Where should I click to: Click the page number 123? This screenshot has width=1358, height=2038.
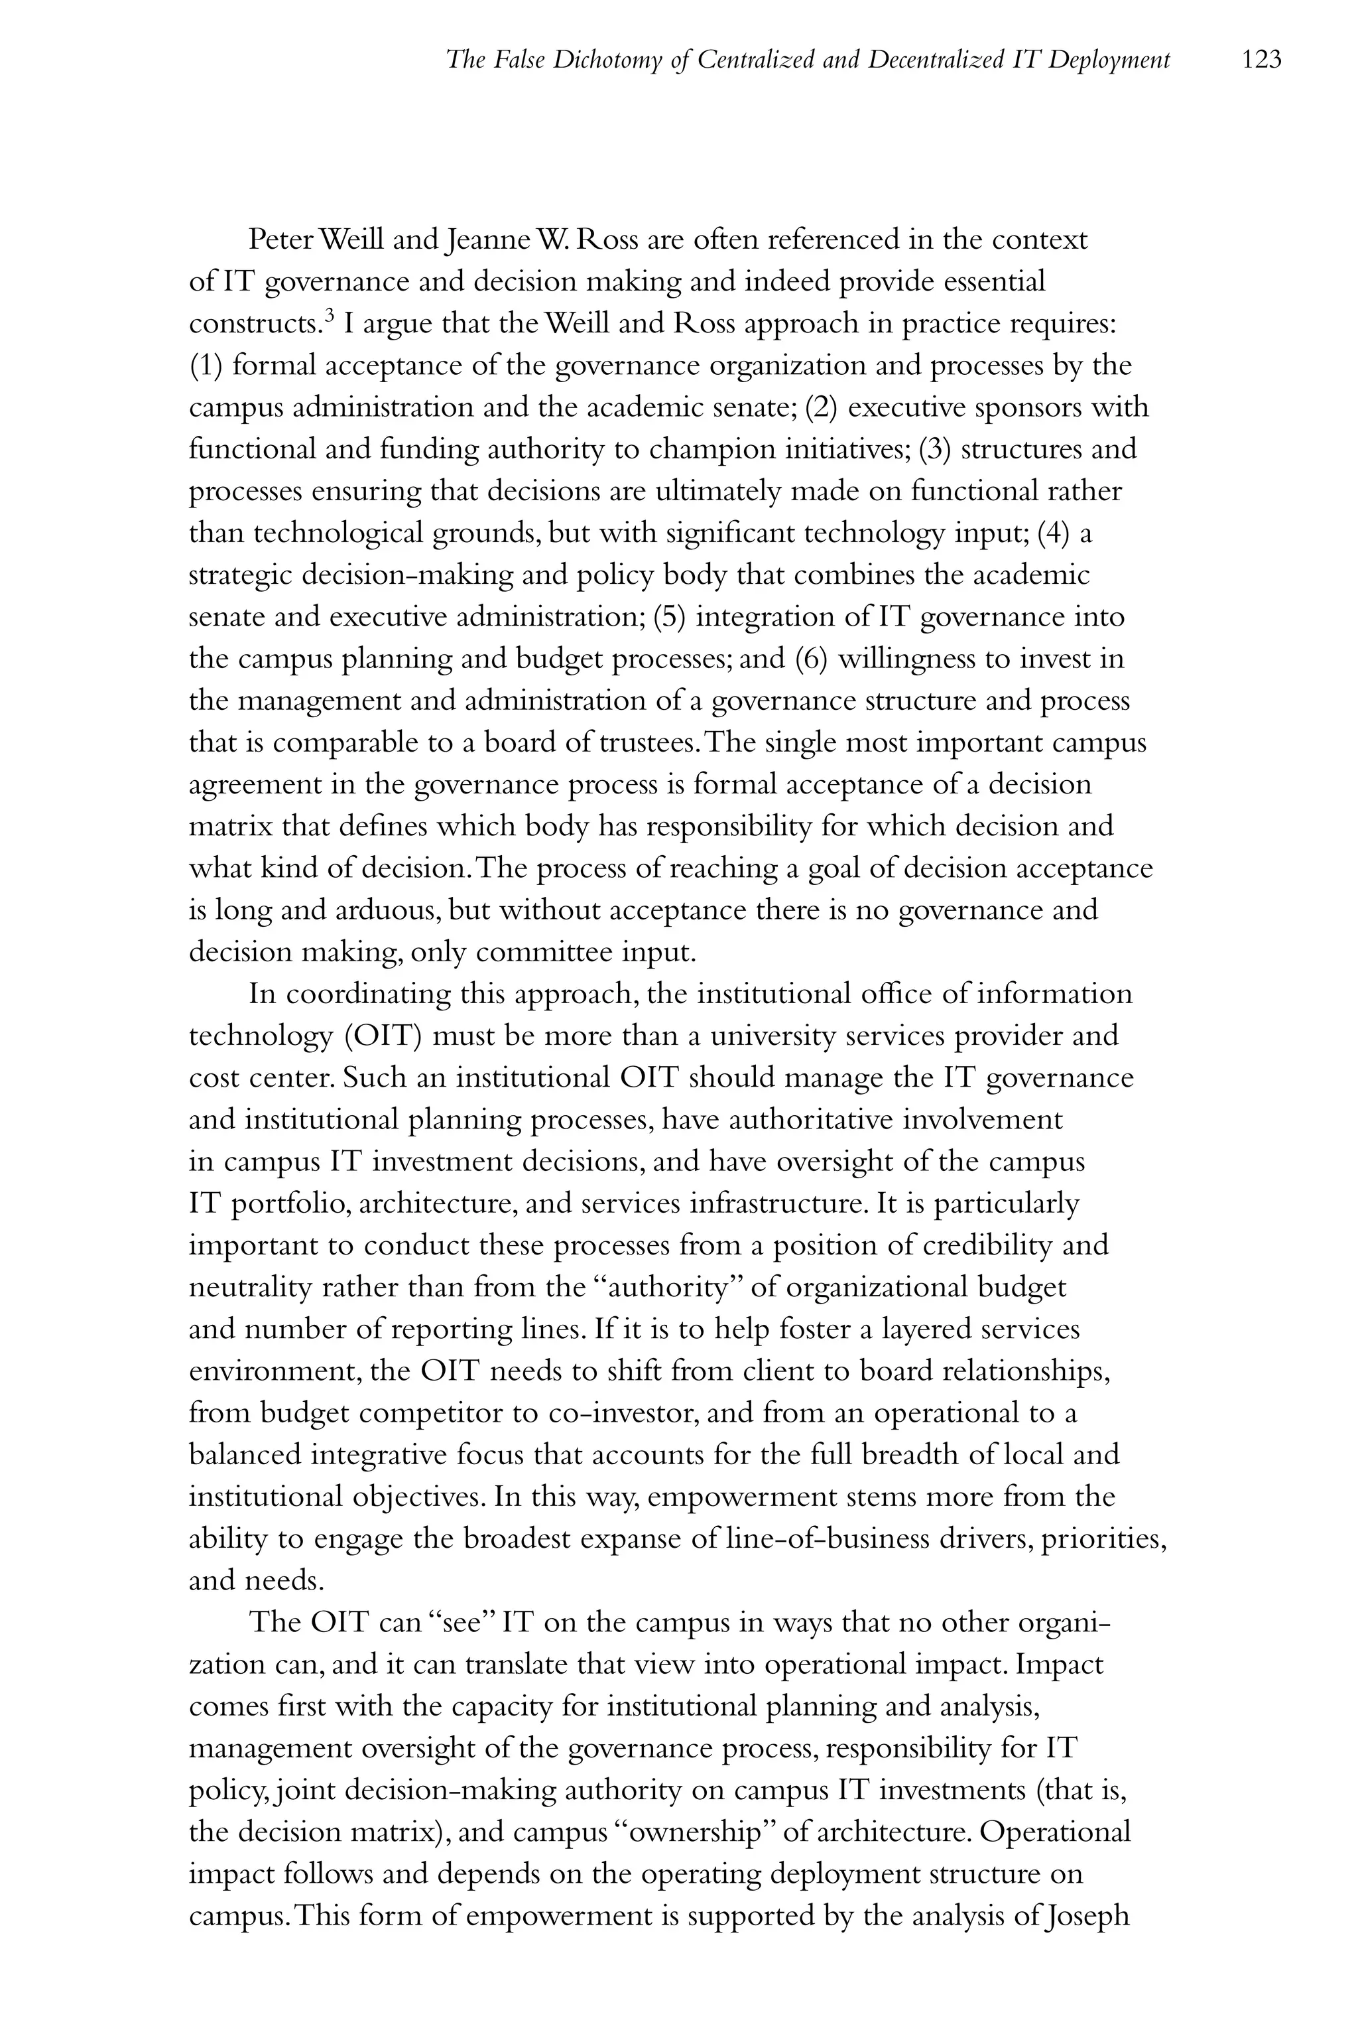tap(1261, 60)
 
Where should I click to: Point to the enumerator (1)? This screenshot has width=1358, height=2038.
tap(207, 366)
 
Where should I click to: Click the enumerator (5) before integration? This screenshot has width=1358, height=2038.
tap(670, 617)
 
